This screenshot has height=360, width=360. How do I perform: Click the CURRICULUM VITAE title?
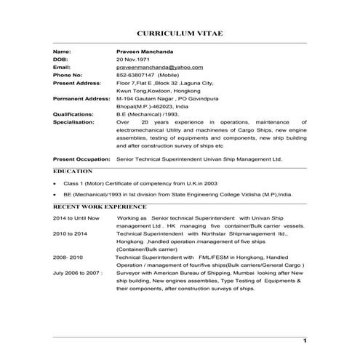pos(180,33)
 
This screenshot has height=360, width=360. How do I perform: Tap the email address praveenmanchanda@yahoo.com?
pos(159,67)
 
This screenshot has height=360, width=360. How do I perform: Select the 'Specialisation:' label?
pos(74,122)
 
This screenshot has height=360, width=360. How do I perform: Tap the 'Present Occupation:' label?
pos(81,158)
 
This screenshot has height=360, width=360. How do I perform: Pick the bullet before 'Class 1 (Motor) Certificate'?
pos(56,185)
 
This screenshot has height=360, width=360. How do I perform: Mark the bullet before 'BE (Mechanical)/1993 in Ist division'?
pos(56,196)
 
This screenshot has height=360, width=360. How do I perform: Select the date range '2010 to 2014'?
pos(70,233)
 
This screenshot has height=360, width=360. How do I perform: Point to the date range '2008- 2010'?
pos(68,257)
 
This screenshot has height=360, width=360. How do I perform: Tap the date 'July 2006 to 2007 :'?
pos(78,273)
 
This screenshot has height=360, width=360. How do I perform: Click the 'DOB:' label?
pos(60,59)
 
